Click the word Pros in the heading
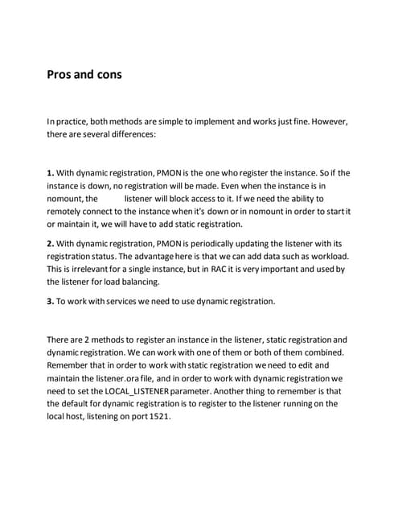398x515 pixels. [x=60, y=75]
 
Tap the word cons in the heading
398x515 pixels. [x=107, y=75]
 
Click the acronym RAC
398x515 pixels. [x=221, y=269]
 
